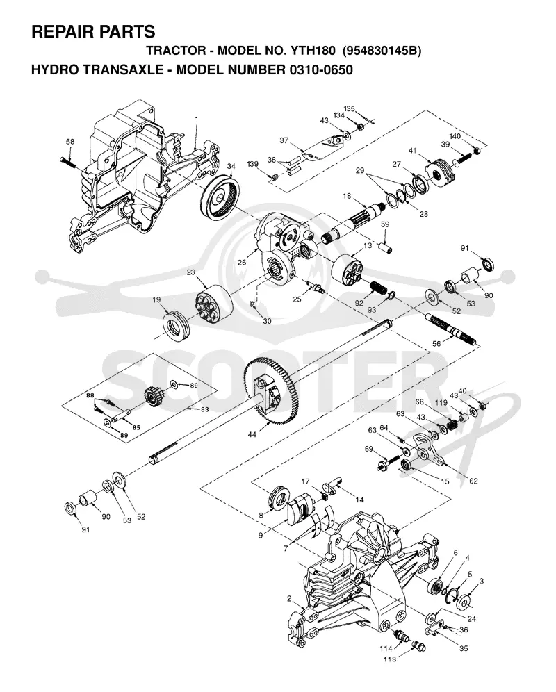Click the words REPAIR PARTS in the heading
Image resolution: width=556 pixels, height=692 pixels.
coord(93,32)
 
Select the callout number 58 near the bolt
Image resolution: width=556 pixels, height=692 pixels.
coord(70,142)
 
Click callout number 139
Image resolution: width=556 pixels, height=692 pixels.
coord(252,164)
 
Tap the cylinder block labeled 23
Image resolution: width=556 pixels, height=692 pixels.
coord(214,303)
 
